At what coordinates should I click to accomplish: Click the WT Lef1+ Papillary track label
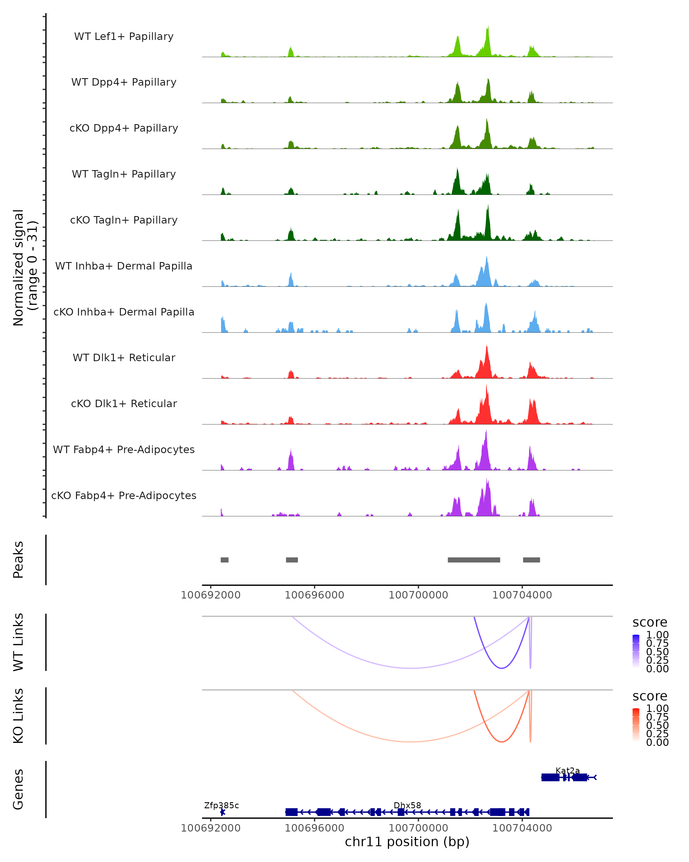124,37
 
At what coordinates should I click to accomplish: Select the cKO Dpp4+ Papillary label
124,128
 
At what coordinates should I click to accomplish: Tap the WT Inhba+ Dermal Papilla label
124,266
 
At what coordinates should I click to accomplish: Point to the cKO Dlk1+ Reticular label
124,404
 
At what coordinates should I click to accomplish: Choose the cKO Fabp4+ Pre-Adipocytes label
124,496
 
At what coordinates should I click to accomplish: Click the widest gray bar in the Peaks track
474,560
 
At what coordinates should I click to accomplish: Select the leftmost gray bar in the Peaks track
224,560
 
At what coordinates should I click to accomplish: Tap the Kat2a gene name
568,770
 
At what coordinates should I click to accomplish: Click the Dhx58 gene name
407,805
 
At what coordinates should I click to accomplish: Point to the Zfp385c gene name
221,805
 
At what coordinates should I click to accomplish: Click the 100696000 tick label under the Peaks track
314,595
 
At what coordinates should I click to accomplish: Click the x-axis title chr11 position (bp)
407,842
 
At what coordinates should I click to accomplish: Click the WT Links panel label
18,642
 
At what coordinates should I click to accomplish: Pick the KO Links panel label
18,716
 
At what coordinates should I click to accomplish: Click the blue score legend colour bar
636,651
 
